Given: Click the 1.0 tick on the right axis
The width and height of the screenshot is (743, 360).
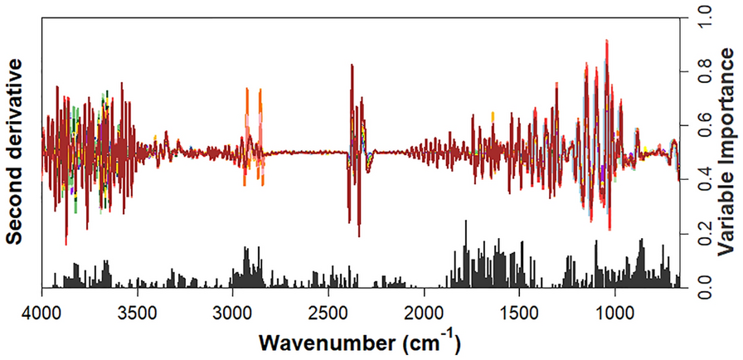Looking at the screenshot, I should point(702,16).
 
